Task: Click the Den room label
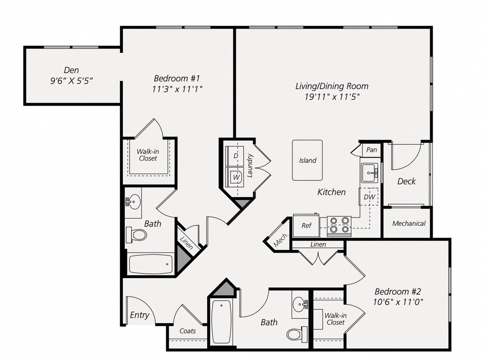[x=71, y=70]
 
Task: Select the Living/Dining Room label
[x=332, y=86]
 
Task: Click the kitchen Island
[x=307, y=160]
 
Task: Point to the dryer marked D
[x=235, y=156]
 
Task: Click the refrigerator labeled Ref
[x=306, y=226]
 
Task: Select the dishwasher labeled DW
[x=369, y=197]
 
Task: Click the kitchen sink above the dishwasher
[x=370, y=173]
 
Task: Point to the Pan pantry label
[x=371, y=150]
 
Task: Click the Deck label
[x=406, y=181]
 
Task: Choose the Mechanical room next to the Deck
[x=408, y=223]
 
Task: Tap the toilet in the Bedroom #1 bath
[x=136, y=234]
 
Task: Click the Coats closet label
[x=188, y=331]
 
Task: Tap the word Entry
[x=139, y=315]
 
